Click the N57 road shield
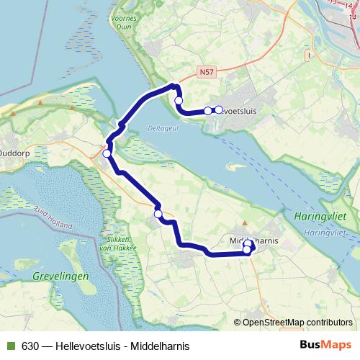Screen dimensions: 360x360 (207, 73)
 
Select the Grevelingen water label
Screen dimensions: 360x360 (60, 276)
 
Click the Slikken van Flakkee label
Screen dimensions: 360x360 (117, 243)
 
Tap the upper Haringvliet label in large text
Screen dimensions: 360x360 (319, 215)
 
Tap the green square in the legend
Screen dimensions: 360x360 (10, 346)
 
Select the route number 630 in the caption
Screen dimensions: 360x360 (30, 346)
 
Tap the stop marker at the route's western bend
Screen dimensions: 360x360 (107, 153)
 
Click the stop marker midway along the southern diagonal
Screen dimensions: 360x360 (158, 213)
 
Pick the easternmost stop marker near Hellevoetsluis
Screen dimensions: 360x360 (218, 110)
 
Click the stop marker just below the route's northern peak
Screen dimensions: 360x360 (179, 100)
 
